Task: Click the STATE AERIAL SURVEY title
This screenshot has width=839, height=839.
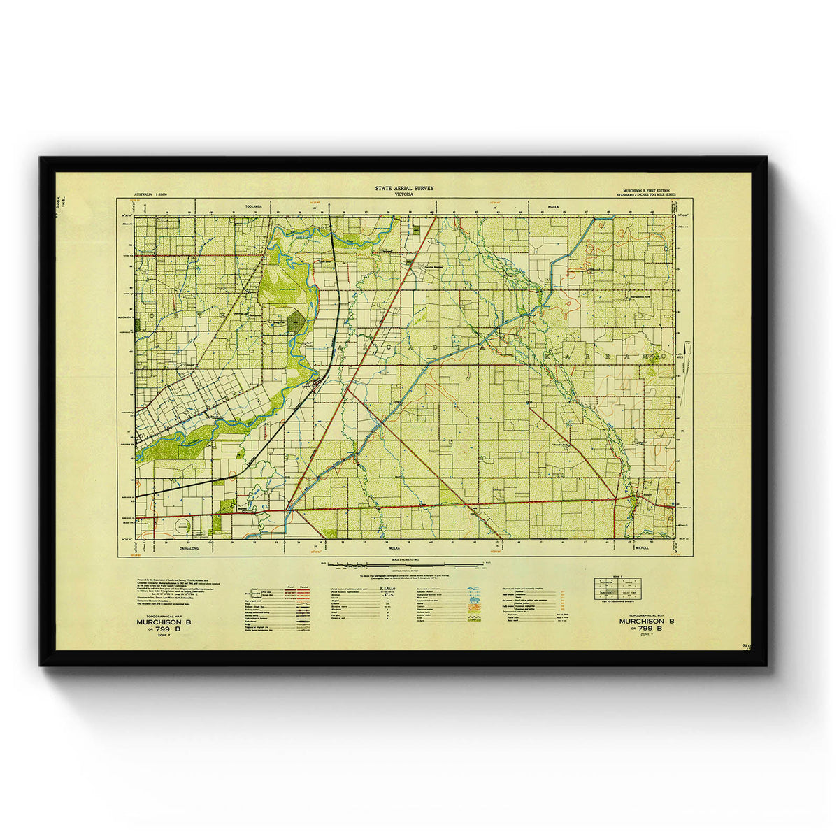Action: (404, 188)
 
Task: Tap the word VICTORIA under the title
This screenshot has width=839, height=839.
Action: (404, 194)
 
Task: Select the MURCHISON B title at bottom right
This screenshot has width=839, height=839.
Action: (647, 621)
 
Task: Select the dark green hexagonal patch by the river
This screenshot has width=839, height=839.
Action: (296, 322)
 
